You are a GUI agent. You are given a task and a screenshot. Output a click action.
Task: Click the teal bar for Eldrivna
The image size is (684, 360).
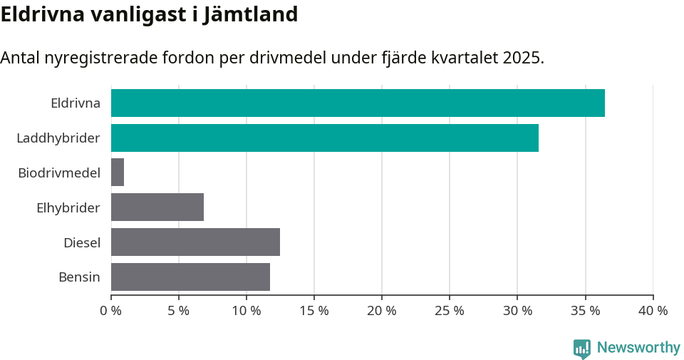point(358,103)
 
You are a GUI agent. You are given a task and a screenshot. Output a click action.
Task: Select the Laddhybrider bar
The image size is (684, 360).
point(325,138)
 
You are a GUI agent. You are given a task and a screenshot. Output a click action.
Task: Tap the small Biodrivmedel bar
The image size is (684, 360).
point(118,173)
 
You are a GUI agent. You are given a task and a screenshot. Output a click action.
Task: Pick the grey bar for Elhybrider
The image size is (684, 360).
point(157,207)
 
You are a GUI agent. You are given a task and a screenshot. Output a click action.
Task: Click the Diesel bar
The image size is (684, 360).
point(195,242)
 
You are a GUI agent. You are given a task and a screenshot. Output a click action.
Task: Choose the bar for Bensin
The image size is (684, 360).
point(190,277)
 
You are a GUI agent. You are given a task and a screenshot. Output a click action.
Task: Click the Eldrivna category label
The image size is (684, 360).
point(75,103)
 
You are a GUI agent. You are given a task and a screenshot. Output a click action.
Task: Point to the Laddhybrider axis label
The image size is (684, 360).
point(58,138)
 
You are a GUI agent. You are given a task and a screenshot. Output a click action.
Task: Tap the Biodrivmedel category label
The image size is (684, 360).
point(59,173)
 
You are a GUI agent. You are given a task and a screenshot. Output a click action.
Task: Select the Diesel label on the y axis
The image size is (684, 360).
point(81,243)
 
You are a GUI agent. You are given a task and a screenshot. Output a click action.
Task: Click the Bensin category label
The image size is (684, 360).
point(79,277)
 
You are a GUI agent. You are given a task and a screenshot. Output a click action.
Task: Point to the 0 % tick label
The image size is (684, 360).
point(111,311)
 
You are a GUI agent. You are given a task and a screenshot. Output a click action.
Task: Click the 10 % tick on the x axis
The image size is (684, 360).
point(247,311)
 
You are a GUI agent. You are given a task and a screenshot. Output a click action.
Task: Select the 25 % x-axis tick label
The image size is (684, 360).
point(450,311)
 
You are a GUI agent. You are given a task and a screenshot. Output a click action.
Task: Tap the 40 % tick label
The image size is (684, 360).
point(653,311)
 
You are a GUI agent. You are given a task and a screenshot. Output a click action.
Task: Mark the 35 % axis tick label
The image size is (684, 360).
point(585,311)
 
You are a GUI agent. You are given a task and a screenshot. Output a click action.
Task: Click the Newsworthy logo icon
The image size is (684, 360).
point(582,348)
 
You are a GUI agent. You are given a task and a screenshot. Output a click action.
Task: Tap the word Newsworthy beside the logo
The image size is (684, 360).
point(638,348)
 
